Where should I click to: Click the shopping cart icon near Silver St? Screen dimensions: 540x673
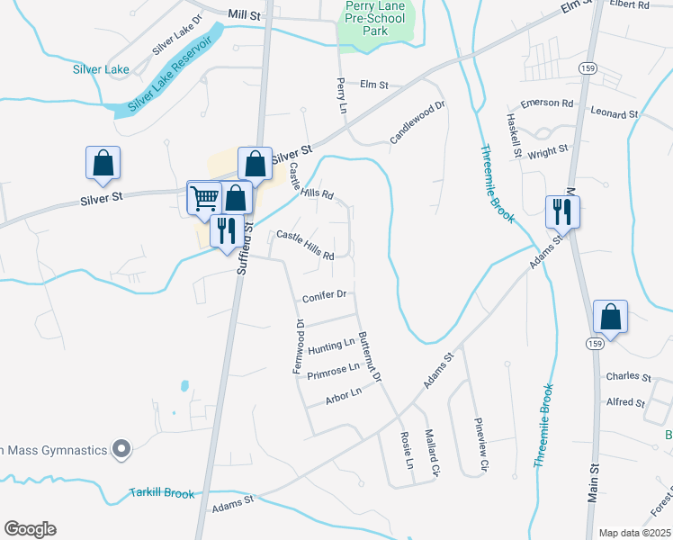[x=204, y=196]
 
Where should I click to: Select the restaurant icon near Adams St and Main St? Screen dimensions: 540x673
[x=562, y=211]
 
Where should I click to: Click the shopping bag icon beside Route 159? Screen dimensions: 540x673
[x=610, y=317]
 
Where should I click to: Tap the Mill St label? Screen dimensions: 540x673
[x=243, y=14]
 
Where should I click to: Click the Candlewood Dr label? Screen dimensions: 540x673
[x=417, y=123]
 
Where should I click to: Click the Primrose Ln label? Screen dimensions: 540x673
[x=333, y=371]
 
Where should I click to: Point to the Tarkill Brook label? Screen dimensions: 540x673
[x=161, y=493]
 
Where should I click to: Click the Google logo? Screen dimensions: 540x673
[x=30, y=529]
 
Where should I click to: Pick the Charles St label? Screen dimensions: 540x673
[x=628, y=376]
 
